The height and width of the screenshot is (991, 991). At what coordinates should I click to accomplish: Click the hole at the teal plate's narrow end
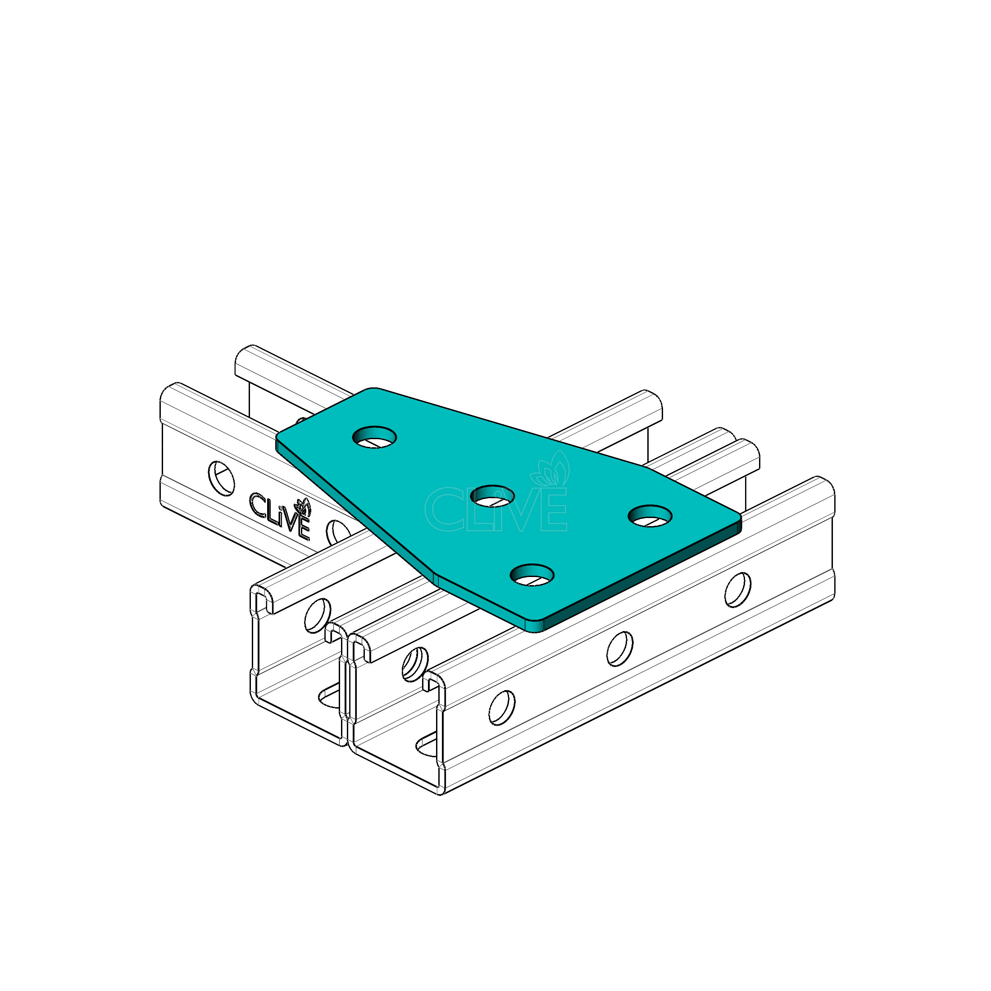(374, 437)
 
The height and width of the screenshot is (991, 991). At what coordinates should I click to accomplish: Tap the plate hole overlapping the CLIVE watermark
(492, 495)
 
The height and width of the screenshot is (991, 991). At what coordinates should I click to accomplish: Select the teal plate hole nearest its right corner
(650, 515)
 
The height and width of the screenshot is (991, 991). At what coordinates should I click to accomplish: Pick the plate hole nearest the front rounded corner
(532, 575)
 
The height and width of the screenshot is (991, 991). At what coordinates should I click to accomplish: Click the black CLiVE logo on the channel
(281, 515)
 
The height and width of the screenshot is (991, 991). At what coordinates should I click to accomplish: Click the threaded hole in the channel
(415, 665)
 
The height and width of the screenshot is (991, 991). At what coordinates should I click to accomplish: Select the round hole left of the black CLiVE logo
(221, 478)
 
